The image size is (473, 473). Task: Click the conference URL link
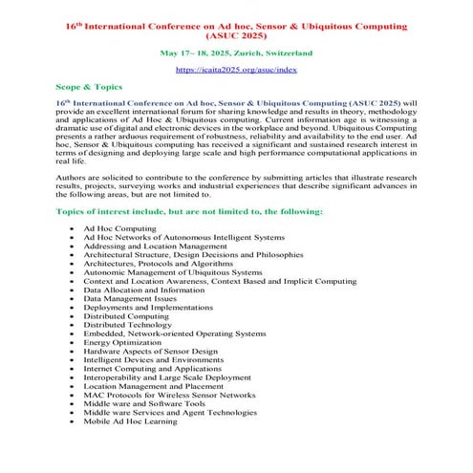pos(236,70)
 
